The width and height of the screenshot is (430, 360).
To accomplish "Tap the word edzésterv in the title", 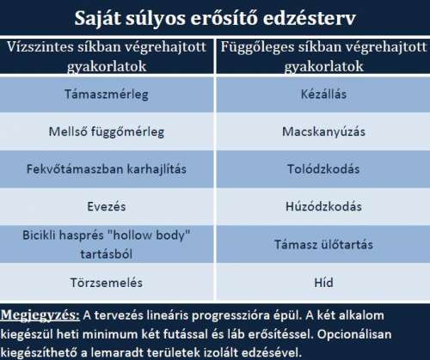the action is tap(310, 18).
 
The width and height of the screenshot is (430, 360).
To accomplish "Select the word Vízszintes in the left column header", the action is tap(40, 47).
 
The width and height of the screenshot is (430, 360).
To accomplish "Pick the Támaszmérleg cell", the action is tap(107, 95).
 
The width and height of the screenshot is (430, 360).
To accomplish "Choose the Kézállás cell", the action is tap(323, 94).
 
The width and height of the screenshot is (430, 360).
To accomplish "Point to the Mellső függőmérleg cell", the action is tap(107, 132).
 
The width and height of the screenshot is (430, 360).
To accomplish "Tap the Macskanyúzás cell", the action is tap(323, 131).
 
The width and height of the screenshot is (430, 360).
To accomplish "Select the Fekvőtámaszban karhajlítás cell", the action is tap(107, 169).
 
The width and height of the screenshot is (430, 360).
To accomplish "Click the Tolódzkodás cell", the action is tap(323, 169).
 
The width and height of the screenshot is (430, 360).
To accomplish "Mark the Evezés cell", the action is tap(107, 206).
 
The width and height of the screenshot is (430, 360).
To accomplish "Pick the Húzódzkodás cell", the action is tap(323, 206).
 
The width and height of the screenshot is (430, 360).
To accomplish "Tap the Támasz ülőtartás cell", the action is tap(323, 245).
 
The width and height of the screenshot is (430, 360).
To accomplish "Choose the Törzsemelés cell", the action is tap(107, 283).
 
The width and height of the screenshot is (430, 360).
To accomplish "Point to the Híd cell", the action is tap(323, 283).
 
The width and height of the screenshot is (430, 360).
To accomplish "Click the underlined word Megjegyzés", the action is tap(40, 315).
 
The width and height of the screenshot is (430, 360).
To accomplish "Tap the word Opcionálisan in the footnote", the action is tap(354, 334).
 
